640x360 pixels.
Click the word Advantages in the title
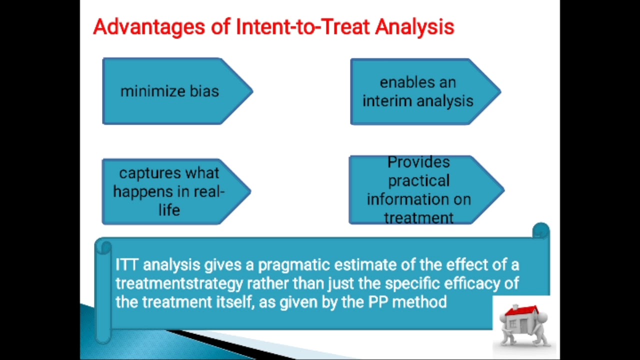[148, 27]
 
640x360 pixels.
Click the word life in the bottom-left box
[169, 210]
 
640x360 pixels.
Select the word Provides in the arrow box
[418, 162]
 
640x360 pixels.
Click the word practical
[418, 180]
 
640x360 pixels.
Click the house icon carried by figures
[523, 324]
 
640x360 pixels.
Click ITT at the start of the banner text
[126, 264]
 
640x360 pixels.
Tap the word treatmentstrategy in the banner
[179, 283]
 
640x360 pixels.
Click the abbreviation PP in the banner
[378, 302]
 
